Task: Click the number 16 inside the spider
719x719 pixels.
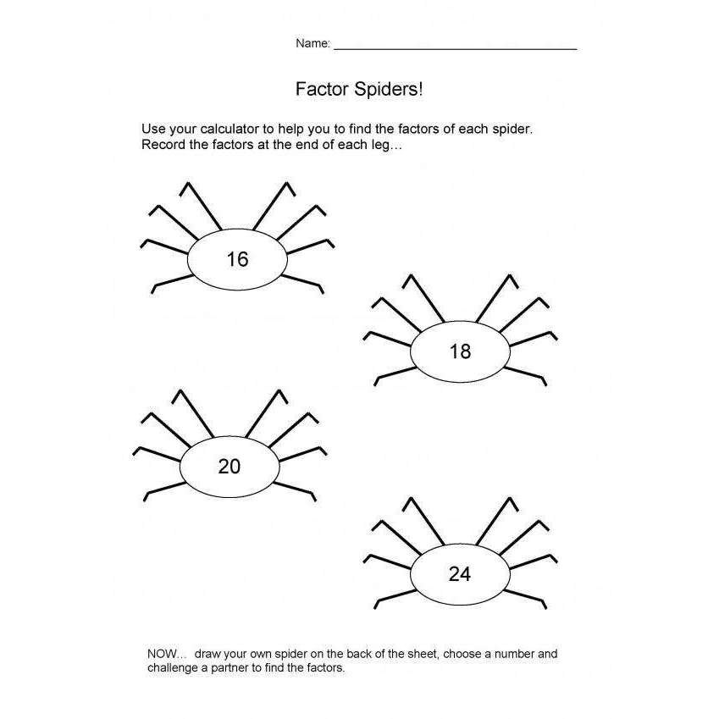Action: [237, 259]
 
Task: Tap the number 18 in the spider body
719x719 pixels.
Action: [460, 351]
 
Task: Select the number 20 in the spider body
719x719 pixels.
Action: [230, 466]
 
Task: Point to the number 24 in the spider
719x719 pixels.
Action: [459, 574]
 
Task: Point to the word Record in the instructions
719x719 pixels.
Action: [163, 144]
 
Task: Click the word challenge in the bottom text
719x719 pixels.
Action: [176, 668]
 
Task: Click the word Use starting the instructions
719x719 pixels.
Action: [153, 130]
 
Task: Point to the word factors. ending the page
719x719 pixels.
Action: [326, 668]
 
